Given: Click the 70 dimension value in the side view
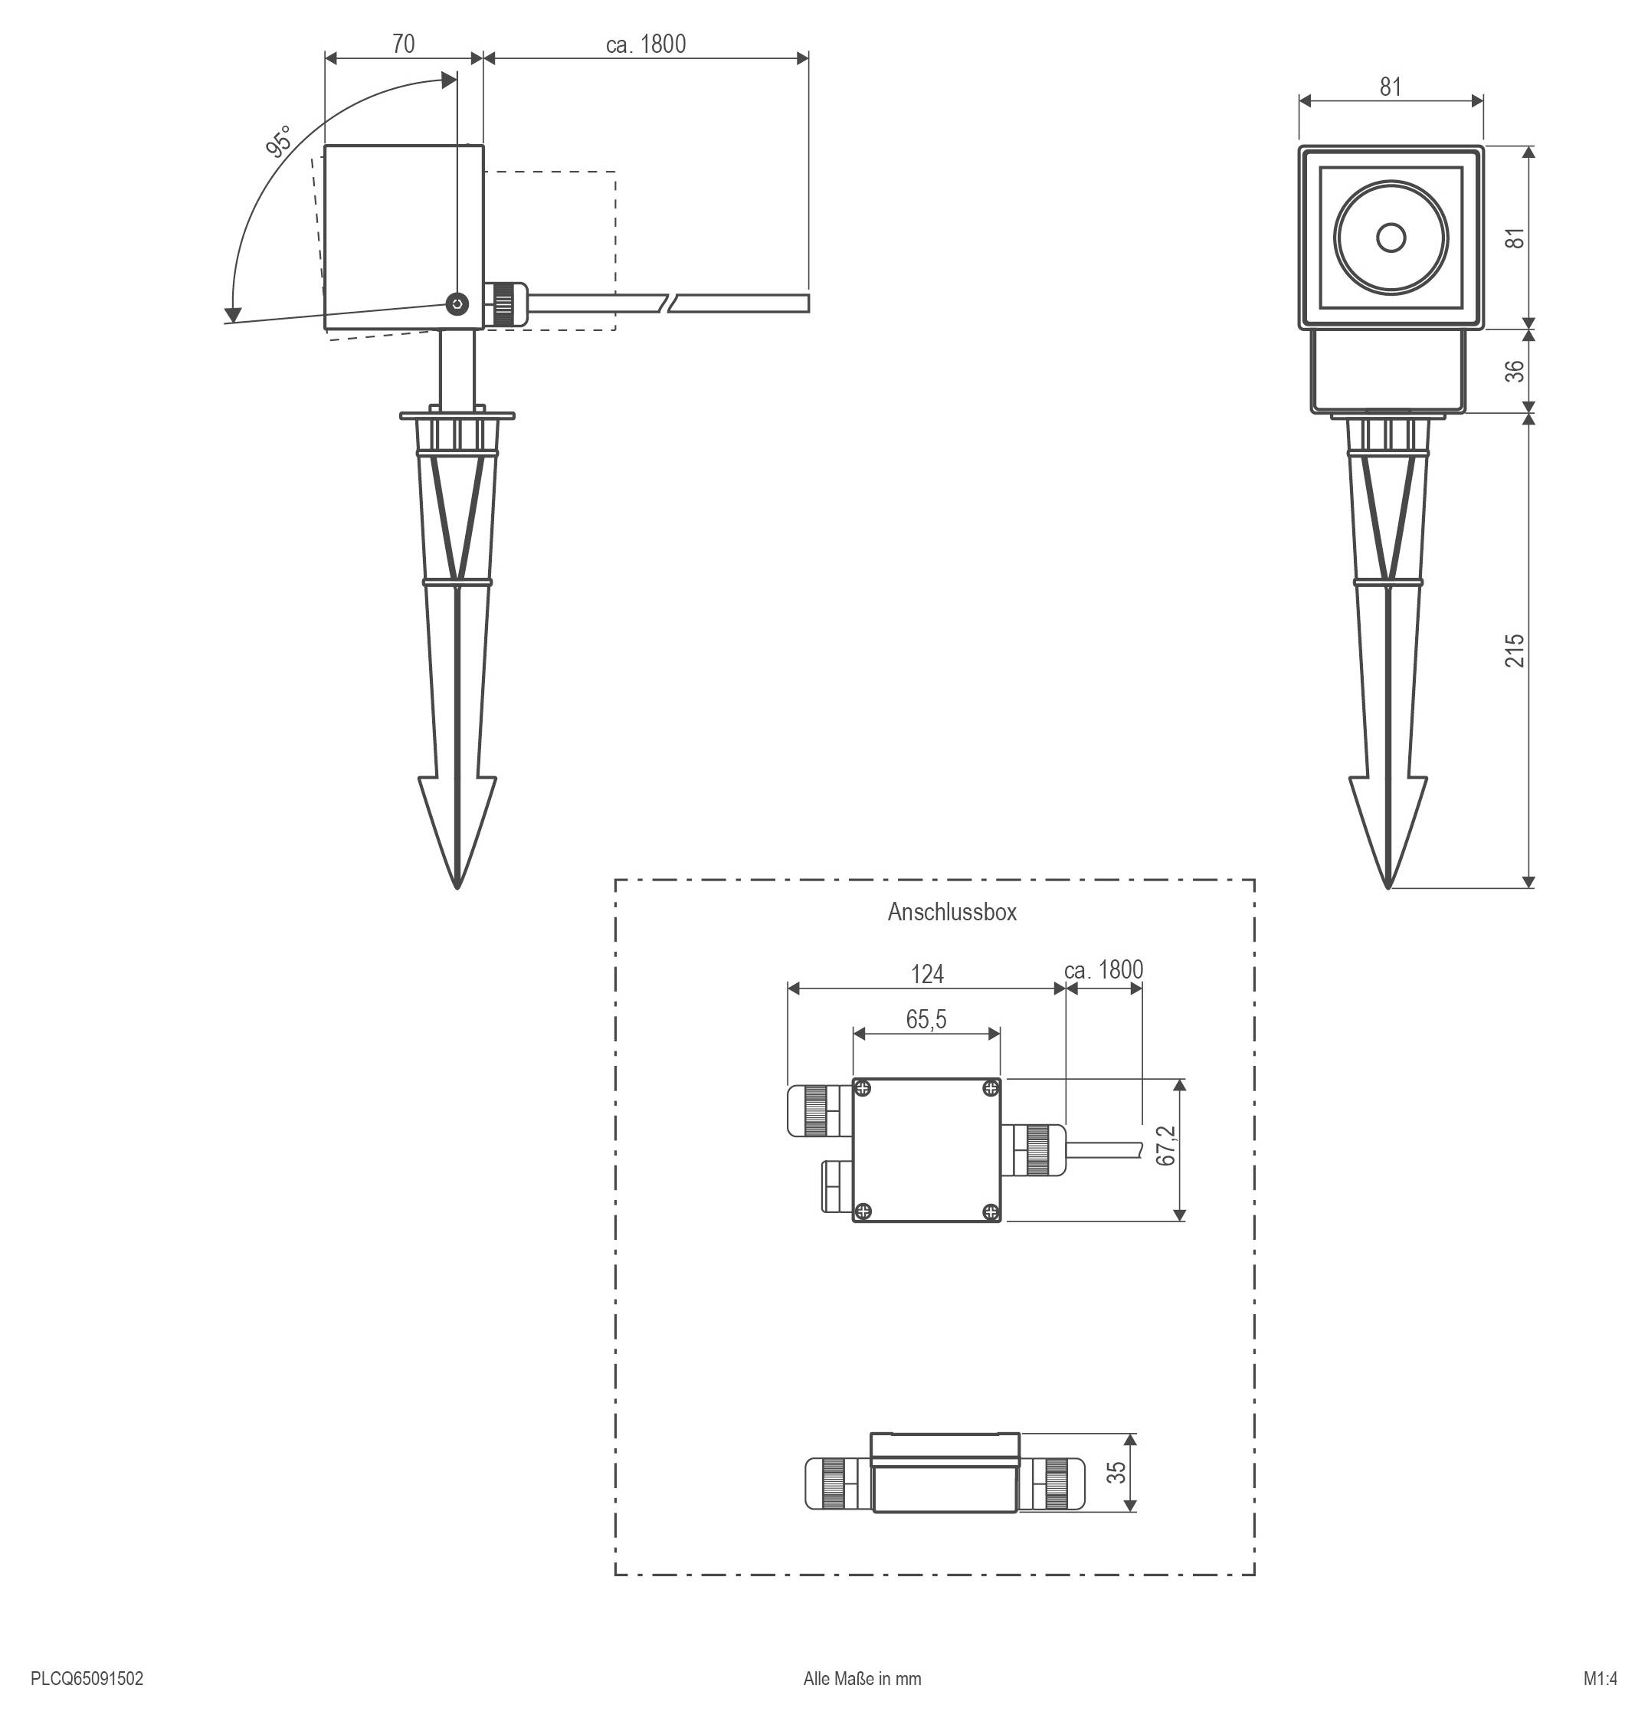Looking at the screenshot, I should point(403,43).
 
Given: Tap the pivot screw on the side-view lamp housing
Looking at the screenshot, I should point(457,304).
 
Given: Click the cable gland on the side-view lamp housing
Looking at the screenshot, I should point(506,304).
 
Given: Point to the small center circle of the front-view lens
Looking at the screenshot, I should point(1391,237).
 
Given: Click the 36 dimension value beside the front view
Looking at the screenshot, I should point(1515,371).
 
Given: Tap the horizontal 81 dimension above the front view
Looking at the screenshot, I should point(1391,87).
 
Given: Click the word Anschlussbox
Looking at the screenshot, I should point(952,912).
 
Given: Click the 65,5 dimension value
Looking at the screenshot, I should point(926,1019).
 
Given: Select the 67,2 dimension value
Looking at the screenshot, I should point(1165,1145).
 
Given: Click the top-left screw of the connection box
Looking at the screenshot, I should point(863,1089).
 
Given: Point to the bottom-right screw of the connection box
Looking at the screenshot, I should point(991,1211).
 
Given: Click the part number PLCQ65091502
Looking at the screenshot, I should point(87,1679).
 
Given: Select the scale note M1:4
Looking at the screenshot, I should point(1600,1679).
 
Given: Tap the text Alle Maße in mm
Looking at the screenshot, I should point(862,1679).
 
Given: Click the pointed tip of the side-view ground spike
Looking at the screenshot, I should point(457,886).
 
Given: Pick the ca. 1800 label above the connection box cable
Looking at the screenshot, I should point(1102,969).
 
